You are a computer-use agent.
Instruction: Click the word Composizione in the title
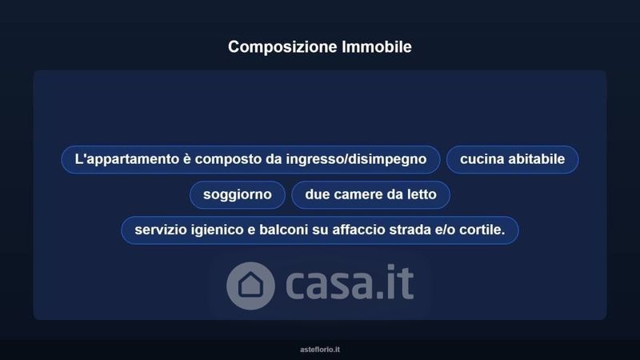pos(282,47)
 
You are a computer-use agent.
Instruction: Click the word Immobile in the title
pos(377,46)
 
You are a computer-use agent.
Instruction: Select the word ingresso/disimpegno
pos(356,159)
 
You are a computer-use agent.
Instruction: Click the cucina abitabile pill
pos(512,159)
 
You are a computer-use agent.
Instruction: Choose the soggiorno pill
pos(237,194)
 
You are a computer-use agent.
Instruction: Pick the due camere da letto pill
pos(370,194)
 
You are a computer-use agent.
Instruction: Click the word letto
pos(422,194)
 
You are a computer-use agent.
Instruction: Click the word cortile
pos(482,230)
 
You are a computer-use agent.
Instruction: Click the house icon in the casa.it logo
pos(250,286)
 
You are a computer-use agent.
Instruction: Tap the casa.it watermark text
pos(350,282)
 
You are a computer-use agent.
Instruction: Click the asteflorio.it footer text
pos(320,350)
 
